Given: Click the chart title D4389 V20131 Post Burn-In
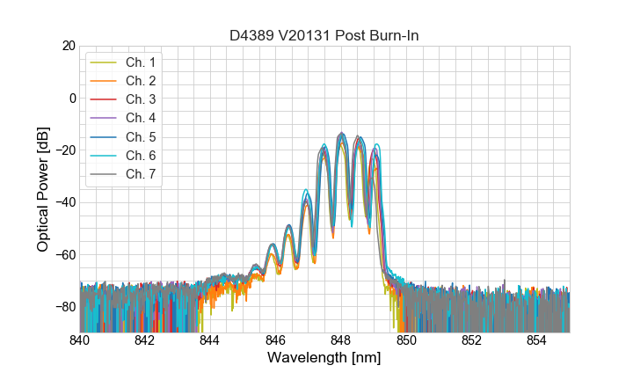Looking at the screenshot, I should coord(324,35).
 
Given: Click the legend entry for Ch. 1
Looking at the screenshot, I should coord(140,62).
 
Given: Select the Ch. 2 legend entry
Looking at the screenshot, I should coord(140,81).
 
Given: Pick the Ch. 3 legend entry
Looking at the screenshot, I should coord(140,99).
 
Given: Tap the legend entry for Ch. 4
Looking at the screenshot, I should coord(140,118).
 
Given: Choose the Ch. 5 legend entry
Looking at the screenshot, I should coord(140,136).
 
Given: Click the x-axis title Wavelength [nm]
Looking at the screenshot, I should coord(324,359).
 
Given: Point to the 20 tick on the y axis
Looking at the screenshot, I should coord(68,46).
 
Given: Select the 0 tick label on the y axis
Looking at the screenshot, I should coord(71,98).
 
